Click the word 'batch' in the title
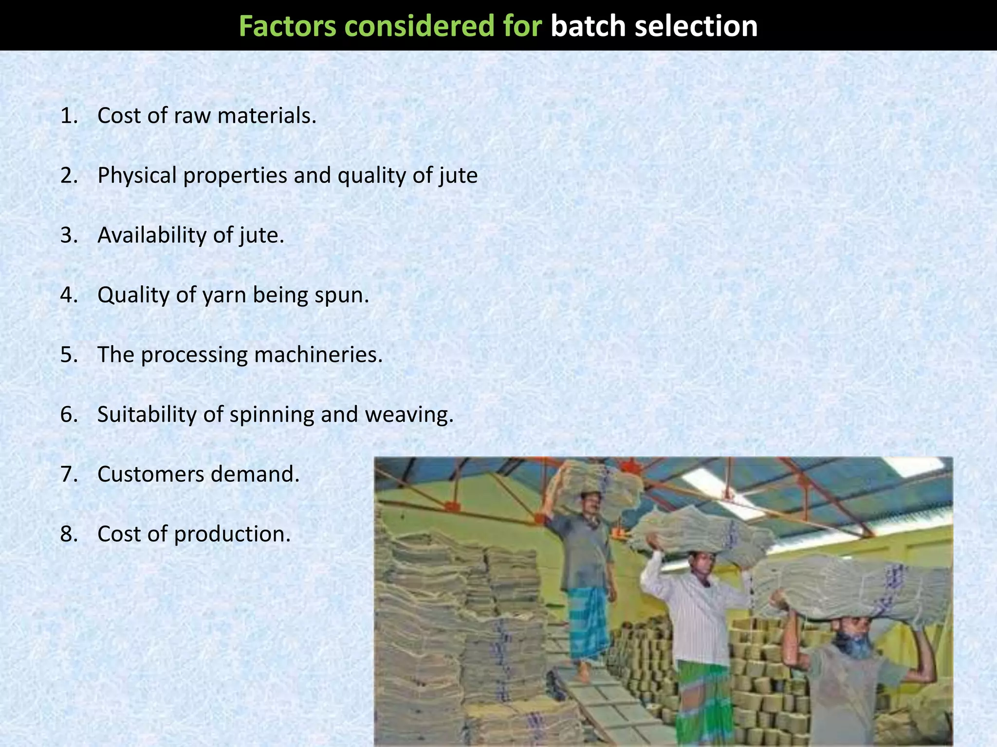click(588, 26)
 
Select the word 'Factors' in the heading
click(287, 26)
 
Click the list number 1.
click(69, 116)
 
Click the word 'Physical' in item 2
click(137, 176)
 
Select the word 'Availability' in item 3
click(152, 235)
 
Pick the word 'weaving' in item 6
click(408, 415)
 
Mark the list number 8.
click(69, 534)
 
